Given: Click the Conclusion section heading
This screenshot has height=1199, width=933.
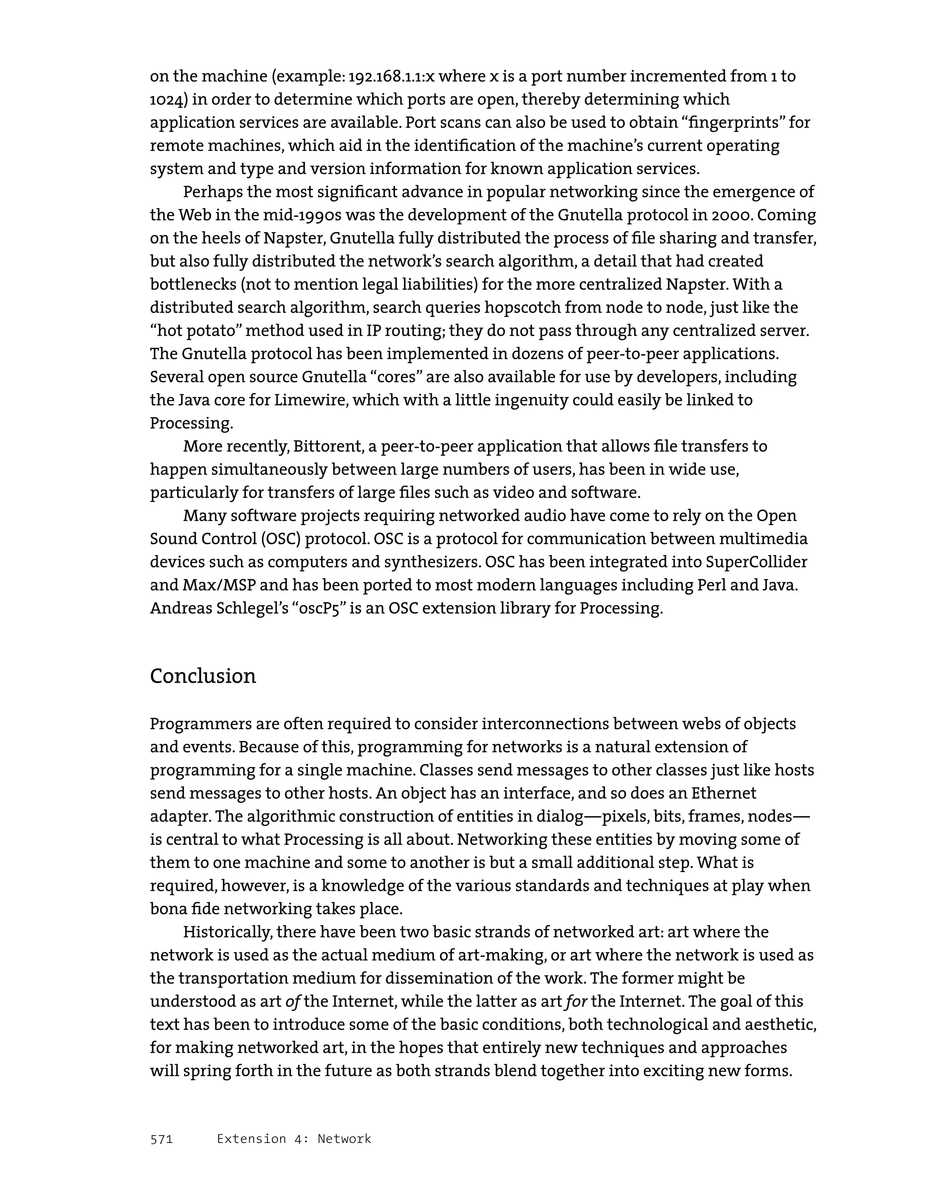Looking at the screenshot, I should click(203, 676).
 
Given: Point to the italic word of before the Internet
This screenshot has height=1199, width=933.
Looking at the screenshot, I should click(292, 1001).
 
